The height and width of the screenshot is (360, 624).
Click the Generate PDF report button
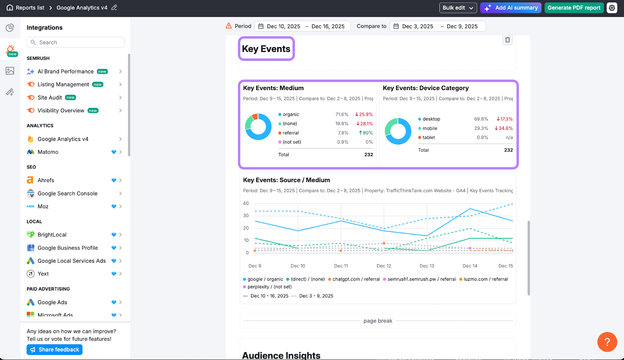pyautogui.click(x=574, y=8)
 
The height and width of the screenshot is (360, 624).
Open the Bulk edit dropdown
pyautogui.click(x=458, y=8)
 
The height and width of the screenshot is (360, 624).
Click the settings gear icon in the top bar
pyautogui.click(x=612, y=8)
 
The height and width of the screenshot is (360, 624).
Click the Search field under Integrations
pyautogui.click(x=76, y=43)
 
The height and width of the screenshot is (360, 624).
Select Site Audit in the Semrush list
pyautogui.click(x=50, y=98)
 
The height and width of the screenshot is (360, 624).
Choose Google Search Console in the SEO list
pyautogui.click(x=67, y=193)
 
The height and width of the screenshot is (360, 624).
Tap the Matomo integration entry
pyautogui.click(x=48, y=152)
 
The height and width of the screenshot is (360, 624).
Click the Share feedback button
pyautogui.click(x=55, y=349)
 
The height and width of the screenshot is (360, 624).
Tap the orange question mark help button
pyautogui.click(x=607, y=342)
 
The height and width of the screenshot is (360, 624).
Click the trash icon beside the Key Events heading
pyautogui.click(x=507, y=40)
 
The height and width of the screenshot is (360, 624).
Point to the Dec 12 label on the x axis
pyautogui.click(x=384, y=266)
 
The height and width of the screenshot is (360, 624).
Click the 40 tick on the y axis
pyautogui.click(x=246, y=203)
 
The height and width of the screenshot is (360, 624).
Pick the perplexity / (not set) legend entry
pyautogui.click(x=269, y=287)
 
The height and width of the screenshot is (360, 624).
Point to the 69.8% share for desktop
pyautogui.click(x=481, y=119)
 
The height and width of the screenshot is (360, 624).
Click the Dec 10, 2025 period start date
pyautogui.click(x=284, y=27)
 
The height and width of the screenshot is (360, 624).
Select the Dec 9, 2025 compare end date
pyautogui.click(x=462, y=27)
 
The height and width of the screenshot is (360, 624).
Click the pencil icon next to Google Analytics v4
pyautogui.click(x=114, y=7)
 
